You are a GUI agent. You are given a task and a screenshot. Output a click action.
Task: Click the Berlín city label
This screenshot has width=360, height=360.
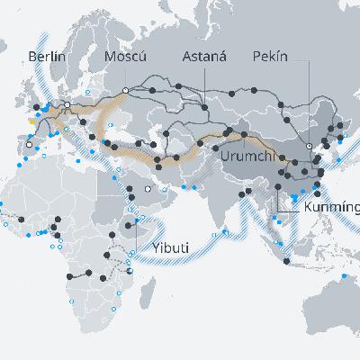click(48, 57)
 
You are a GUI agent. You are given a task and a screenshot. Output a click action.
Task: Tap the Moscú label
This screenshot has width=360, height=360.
click(126, 57)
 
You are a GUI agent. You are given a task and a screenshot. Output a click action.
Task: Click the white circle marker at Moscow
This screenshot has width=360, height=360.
click(125, 91)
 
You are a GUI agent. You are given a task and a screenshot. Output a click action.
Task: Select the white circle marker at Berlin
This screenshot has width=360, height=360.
click(66, 104)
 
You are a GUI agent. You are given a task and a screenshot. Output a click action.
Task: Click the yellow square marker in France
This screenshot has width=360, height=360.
click(34, 119)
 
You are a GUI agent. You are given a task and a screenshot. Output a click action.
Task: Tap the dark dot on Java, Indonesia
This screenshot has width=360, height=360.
click(286, 262)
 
